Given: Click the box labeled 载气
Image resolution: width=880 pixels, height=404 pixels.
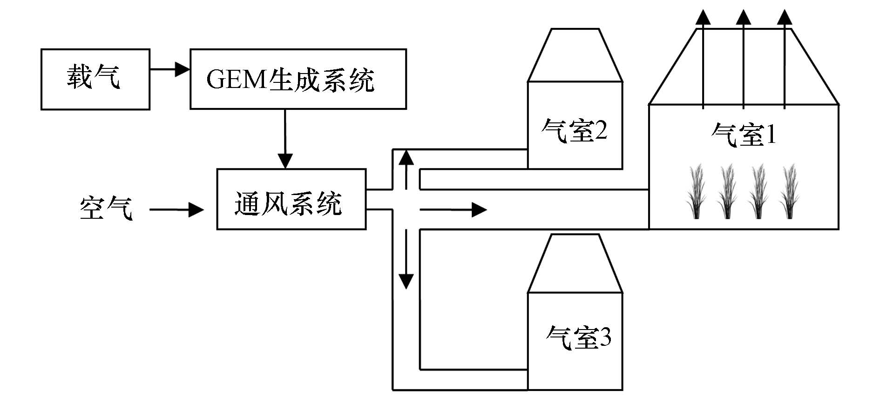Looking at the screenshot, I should click(95, 79).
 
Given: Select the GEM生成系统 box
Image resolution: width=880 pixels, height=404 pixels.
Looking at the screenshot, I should click(298, 79).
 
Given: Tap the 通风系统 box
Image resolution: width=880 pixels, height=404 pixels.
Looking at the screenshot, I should click(291, 199).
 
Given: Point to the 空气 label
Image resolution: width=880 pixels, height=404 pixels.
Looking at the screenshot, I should click(106, 208).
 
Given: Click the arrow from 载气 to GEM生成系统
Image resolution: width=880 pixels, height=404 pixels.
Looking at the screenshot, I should click(169, 70).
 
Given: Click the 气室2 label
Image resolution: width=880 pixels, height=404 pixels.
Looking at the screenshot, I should click(575, 130).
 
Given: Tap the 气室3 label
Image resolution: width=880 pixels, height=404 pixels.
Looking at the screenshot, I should click(578, 337).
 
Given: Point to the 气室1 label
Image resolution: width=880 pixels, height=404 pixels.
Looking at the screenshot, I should click(744, 135).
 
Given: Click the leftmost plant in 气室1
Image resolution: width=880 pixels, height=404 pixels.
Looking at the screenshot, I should click(696, 191).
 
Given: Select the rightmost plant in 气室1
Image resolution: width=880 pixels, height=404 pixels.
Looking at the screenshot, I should click(790, 191).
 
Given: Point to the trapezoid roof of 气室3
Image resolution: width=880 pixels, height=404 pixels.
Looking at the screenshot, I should click(575, 263).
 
